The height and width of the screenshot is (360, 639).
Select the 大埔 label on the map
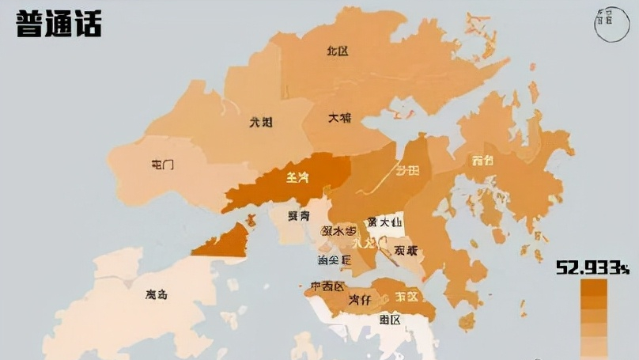339,118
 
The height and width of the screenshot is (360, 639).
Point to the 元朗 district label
261,122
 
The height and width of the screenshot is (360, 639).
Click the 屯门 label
162,165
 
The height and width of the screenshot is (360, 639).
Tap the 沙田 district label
408,170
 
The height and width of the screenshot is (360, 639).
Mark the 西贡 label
482,161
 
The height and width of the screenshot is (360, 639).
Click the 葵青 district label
298,215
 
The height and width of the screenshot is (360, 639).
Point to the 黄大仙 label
382,222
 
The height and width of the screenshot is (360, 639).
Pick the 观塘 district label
406,250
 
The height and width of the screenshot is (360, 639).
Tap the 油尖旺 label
335,260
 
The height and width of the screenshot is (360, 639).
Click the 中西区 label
327,286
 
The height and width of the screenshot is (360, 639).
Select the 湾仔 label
360,300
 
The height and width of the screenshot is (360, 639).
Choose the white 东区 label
406,297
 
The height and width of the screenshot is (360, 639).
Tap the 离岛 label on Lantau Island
157,295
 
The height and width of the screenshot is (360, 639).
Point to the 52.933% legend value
592,267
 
